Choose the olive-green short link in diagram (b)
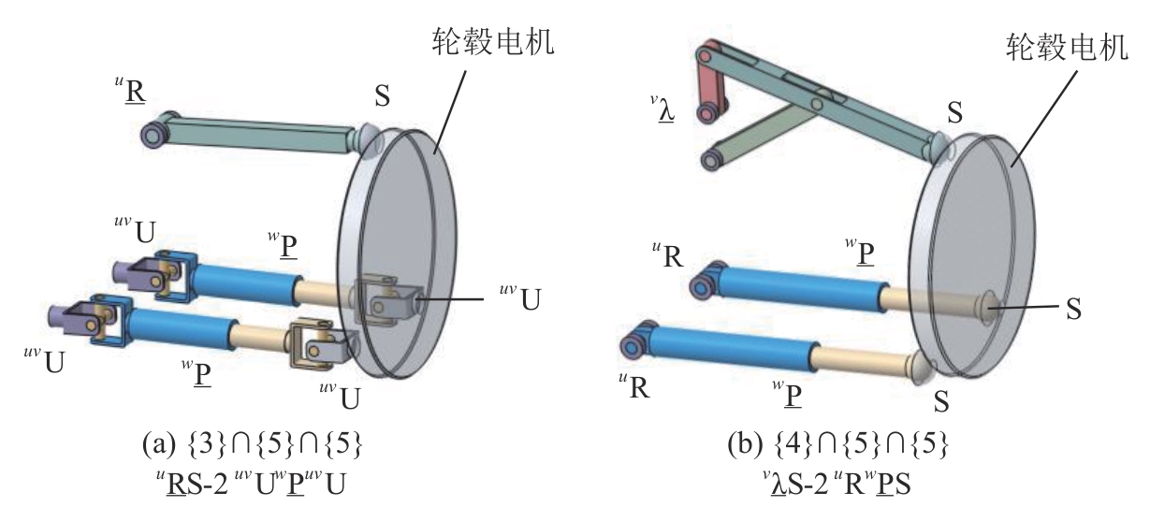[758, 136]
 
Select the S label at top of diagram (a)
[383, 95]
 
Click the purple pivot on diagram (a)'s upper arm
[152, 133]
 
